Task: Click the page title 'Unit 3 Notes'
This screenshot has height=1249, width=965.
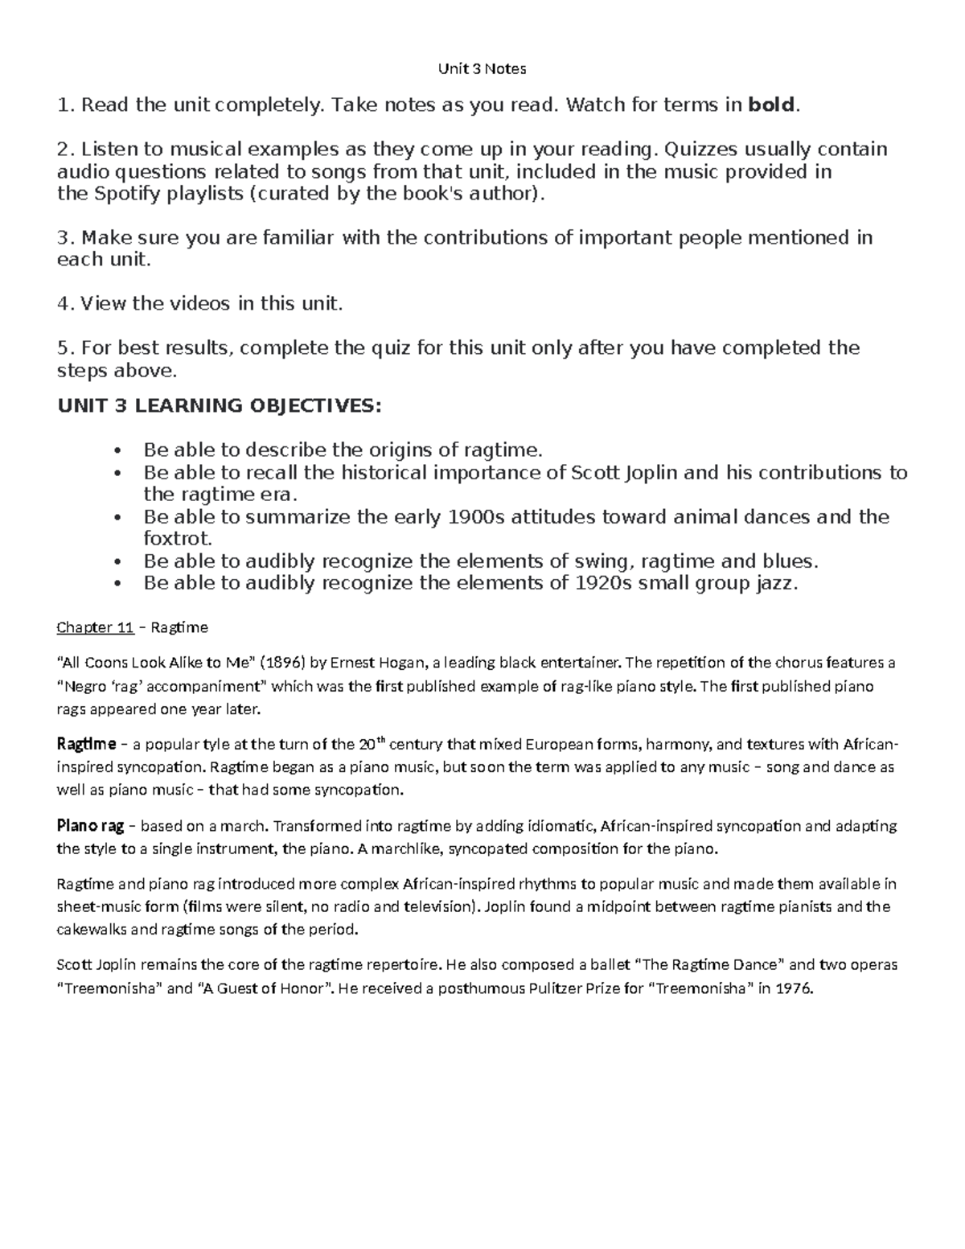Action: pyautogui.click(x=482, y=69)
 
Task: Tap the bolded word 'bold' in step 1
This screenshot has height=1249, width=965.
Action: pyautogui.click(x=770, y=105)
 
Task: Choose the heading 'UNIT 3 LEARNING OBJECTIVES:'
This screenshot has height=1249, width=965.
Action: pyautogui.click(x=219, y=405)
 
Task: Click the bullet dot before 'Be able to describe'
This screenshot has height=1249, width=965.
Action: pyautogui.click(x=118, y=450)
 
